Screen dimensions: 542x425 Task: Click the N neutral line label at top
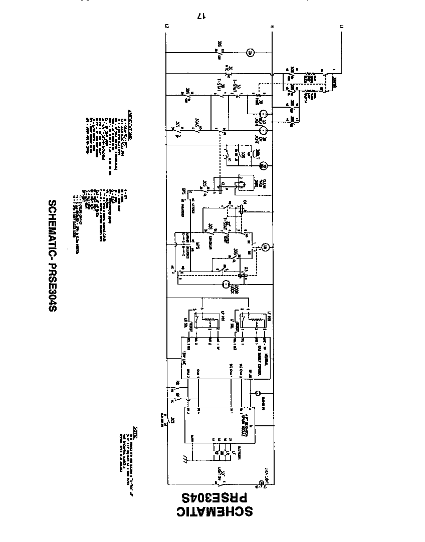click(272, 26)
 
